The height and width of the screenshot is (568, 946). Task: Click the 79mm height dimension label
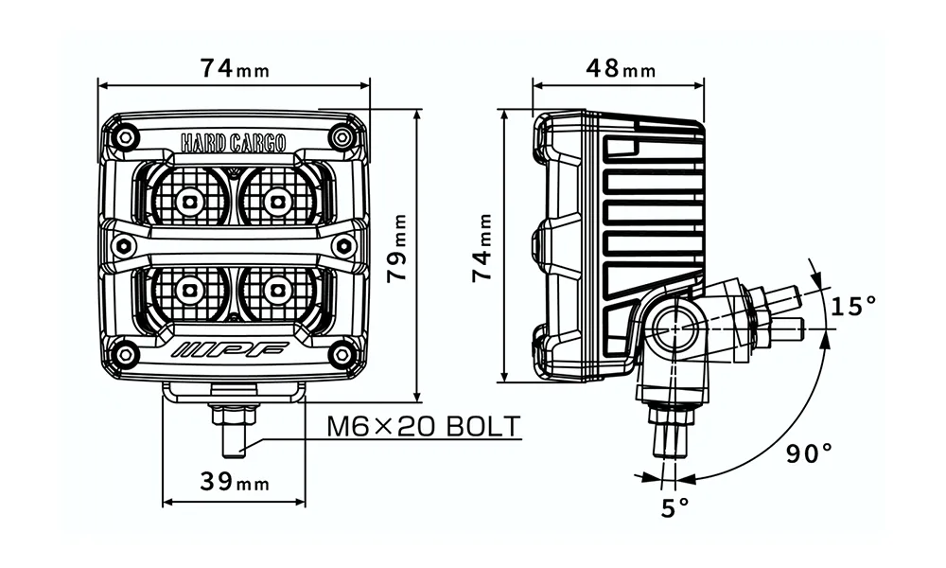pyautogui.click(x=397, y=247)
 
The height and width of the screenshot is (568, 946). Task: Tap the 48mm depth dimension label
pyautogui.click(x=621, y=69)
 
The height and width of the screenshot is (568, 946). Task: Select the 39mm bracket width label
pyautogui.click(x=235, y=481)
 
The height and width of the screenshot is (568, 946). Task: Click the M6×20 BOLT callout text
pyautogui.click(x=423, y=427)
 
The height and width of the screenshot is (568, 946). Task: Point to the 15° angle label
pyautogui.click(x=853, y=306)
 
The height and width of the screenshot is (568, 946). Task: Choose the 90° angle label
pyautogui.click(x=809, y=453)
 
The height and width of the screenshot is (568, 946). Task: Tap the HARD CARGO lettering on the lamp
pyautogui.click(x=234, y=143)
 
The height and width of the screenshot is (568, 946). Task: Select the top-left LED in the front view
pyautogui.click(x=189, y=200)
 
